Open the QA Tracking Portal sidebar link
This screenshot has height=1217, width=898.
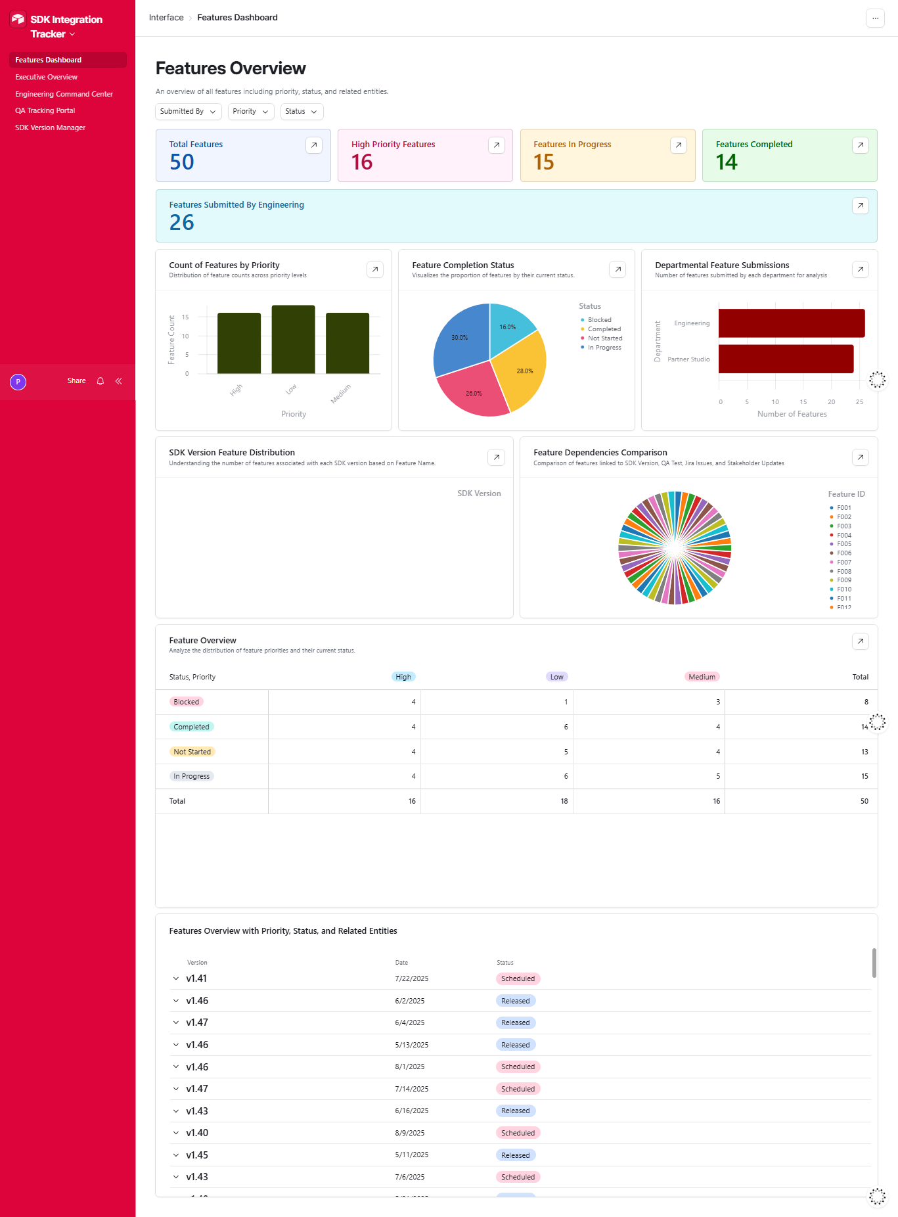45,110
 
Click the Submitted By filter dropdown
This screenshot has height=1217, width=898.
189,112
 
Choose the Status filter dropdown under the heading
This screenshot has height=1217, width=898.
302,112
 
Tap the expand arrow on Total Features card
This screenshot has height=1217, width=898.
314,145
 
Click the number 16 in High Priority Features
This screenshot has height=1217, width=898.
362,162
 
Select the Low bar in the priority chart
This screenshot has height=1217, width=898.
293,339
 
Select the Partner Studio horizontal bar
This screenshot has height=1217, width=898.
786,359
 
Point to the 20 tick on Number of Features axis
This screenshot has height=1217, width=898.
831,402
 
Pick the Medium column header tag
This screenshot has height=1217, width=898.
702,677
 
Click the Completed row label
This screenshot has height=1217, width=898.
191,727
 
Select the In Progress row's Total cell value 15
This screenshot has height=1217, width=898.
864,776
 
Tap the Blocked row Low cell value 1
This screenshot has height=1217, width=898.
566,702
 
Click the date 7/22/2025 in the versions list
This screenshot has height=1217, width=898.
411,978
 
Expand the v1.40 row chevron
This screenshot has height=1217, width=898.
176,1133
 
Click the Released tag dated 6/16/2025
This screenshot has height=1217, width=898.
515,1111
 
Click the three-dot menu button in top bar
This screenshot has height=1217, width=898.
875,18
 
